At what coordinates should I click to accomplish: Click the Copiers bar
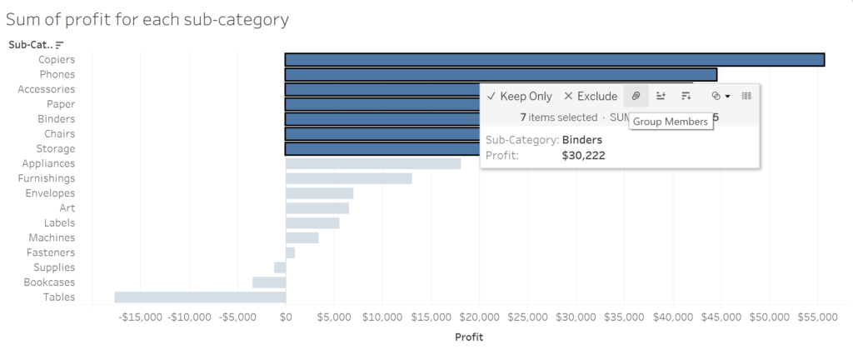pyautogui.click(x=554, y=59)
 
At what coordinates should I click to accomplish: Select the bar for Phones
pyautogui.click(x=500, y=74)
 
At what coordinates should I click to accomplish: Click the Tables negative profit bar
pyautogui.click(x=200, y=297)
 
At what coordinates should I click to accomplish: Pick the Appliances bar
pyautogui.click(x=372, y=163)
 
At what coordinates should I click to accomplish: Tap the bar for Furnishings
pyautogui.click(x=348, y=178)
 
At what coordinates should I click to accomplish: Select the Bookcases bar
pyautogui.click(x=269, y=282)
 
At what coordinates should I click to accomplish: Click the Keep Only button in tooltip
pyautogui.click(x=519, y=96)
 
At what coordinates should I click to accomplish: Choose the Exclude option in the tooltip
pyautogui.click(x=591, y=96)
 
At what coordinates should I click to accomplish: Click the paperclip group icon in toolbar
pyautogui.click(x=636, y=96)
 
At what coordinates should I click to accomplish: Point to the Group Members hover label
pyautogui.click(x=671, y=122)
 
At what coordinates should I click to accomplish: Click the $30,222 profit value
pyautogui.click(x=582, y=155)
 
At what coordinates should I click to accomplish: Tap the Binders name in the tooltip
pyautogui.click(x=582, y=140)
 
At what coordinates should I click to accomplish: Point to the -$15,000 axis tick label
pyautogui.click(x=141, y=317)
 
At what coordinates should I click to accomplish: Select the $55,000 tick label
pyautogui.click(x=817, y=317)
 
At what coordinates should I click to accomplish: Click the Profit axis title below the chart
pyautogui.click(x=468, y=337)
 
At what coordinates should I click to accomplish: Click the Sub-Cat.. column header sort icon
pyautogui.click(x=59, y=44)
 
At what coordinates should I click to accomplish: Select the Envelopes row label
pyautogui.click(x=50, y=193)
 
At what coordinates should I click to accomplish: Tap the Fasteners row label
pyautogui.click(x=51, y=252)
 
